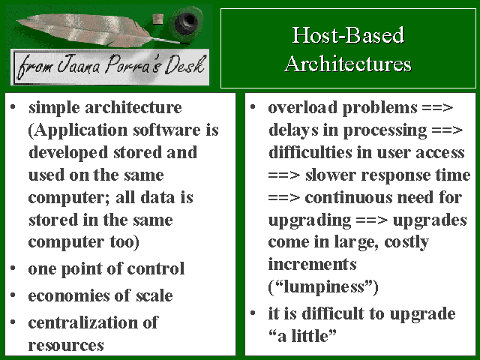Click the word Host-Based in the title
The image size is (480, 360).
click(348, 35)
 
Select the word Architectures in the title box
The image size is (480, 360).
click(348, 64)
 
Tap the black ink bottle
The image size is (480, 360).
click(186, 22)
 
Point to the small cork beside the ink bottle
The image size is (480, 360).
click(158, 19)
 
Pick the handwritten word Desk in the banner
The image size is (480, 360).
click(184, 64)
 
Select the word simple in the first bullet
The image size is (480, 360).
click(54, 108)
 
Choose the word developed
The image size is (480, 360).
click(68, 152)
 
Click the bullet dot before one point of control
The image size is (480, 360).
click(13, 268)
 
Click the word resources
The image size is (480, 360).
click(66, 345)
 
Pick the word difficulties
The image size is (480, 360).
click(310, 152)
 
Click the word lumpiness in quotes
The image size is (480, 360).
click(323, 286)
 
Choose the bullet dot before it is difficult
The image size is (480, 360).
click(253, 313)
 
